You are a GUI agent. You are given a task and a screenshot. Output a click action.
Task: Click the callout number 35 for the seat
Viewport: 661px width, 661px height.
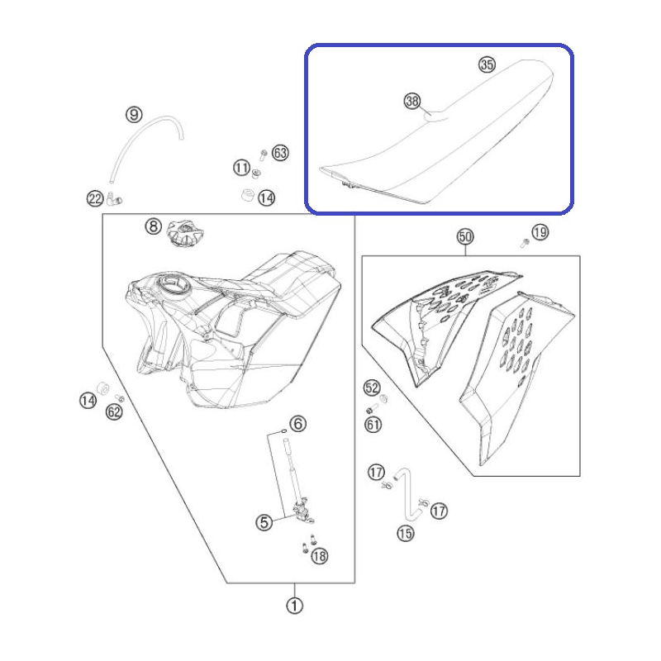(487, 64)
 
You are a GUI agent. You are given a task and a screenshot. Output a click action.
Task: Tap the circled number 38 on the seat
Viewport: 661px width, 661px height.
(412, 101)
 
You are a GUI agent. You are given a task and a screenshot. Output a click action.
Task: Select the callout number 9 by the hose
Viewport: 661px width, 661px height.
(134, 115)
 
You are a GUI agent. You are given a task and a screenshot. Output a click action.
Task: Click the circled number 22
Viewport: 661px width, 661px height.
(95, 198)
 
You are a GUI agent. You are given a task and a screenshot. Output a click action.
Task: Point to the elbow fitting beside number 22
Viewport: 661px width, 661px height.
(114, 199)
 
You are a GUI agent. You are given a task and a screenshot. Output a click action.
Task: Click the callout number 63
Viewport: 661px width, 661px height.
(280, 153)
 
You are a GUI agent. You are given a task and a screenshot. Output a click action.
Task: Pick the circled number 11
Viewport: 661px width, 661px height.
(242, 168)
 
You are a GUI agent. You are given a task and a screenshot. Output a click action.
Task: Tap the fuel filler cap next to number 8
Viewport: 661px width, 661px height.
(184, 234)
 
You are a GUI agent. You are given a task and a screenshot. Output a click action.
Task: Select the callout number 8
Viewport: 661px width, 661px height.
(154, 226)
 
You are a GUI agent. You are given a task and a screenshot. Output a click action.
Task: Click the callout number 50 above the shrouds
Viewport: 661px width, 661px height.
(465, 237)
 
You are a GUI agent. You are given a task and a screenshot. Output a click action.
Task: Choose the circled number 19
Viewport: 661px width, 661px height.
(540, 232)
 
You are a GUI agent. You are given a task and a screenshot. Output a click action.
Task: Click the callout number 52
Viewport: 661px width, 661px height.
(372, 388)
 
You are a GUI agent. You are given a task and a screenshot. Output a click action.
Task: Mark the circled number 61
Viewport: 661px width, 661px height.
(373, 425)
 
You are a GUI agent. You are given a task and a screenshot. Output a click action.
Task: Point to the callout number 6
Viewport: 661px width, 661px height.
(298, 424)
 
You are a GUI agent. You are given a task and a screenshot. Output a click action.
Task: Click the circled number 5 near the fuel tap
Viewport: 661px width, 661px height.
(264, 523)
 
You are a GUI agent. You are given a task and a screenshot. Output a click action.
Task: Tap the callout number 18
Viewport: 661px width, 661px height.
(320, 556)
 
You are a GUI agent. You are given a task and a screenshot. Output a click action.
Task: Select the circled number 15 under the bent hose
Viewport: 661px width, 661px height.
(406, 534)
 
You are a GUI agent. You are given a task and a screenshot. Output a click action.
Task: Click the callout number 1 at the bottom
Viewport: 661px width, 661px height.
(295, 606)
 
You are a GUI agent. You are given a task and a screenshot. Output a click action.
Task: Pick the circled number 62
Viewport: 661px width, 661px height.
(114, 411)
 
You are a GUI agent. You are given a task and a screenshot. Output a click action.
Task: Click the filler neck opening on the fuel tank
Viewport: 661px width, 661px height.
(172, 284)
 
